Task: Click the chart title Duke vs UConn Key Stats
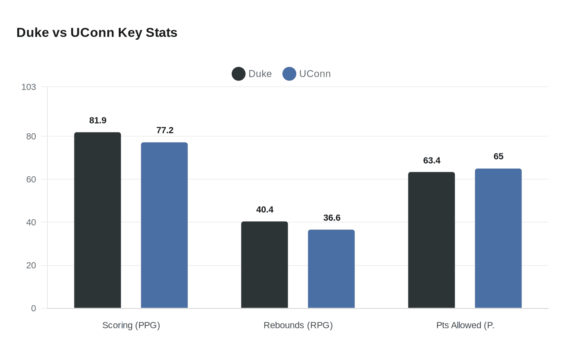coord(97,32)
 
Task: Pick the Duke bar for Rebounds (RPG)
coord(264,265)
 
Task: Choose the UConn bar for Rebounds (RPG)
coord(331,269)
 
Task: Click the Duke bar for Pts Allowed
coord(431,240)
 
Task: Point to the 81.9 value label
coord(98,120)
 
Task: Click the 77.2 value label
coord(165,130)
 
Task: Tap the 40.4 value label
coord(265,209)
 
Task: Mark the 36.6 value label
coord(332,218)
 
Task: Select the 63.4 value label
coord(432,160)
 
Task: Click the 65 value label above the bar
coord(499,156)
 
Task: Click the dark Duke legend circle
coord(239,74)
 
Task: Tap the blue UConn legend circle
coord(289,74)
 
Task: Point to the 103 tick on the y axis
coord(29,87)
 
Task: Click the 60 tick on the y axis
coord(31,179)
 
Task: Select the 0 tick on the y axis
coord(34,308)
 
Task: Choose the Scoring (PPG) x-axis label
coord(131,325)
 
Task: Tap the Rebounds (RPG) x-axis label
coord(298,325)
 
